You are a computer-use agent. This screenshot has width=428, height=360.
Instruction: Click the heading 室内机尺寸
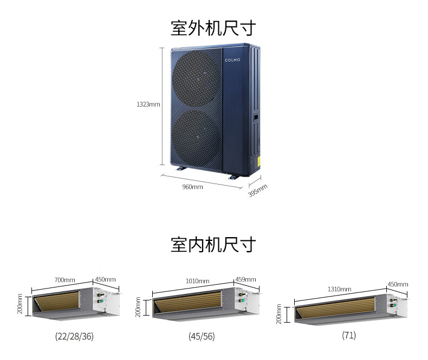[x=213, y=244]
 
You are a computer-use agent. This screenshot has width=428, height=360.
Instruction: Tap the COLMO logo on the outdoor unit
[x=234, y=60]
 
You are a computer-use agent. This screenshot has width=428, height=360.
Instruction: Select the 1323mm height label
[x=148, y=104]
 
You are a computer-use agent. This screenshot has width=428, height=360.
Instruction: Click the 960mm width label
[x=193, y=187]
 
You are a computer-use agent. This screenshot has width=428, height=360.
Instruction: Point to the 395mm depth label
[x=258, y=190]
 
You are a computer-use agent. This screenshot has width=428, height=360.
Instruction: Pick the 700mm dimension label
[x=64, y=280]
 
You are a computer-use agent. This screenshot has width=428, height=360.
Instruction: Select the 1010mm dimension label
[x=198, y=281]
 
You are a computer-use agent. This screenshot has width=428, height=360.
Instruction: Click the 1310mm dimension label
[x=340, y=289]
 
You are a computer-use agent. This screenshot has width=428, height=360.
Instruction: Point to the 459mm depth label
[x=245, y=280]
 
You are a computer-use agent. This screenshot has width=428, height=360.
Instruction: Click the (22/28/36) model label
[x=74, y=336]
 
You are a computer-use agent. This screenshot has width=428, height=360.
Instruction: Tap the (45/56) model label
[x=202, y=336]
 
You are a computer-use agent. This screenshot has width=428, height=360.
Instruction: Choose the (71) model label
[x=349, y=335]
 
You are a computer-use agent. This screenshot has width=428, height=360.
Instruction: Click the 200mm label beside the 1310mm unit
[x=279, y=314]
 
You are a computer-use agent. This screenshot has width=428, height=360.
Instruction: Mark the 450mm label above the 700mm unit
[x=106, y=280]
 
